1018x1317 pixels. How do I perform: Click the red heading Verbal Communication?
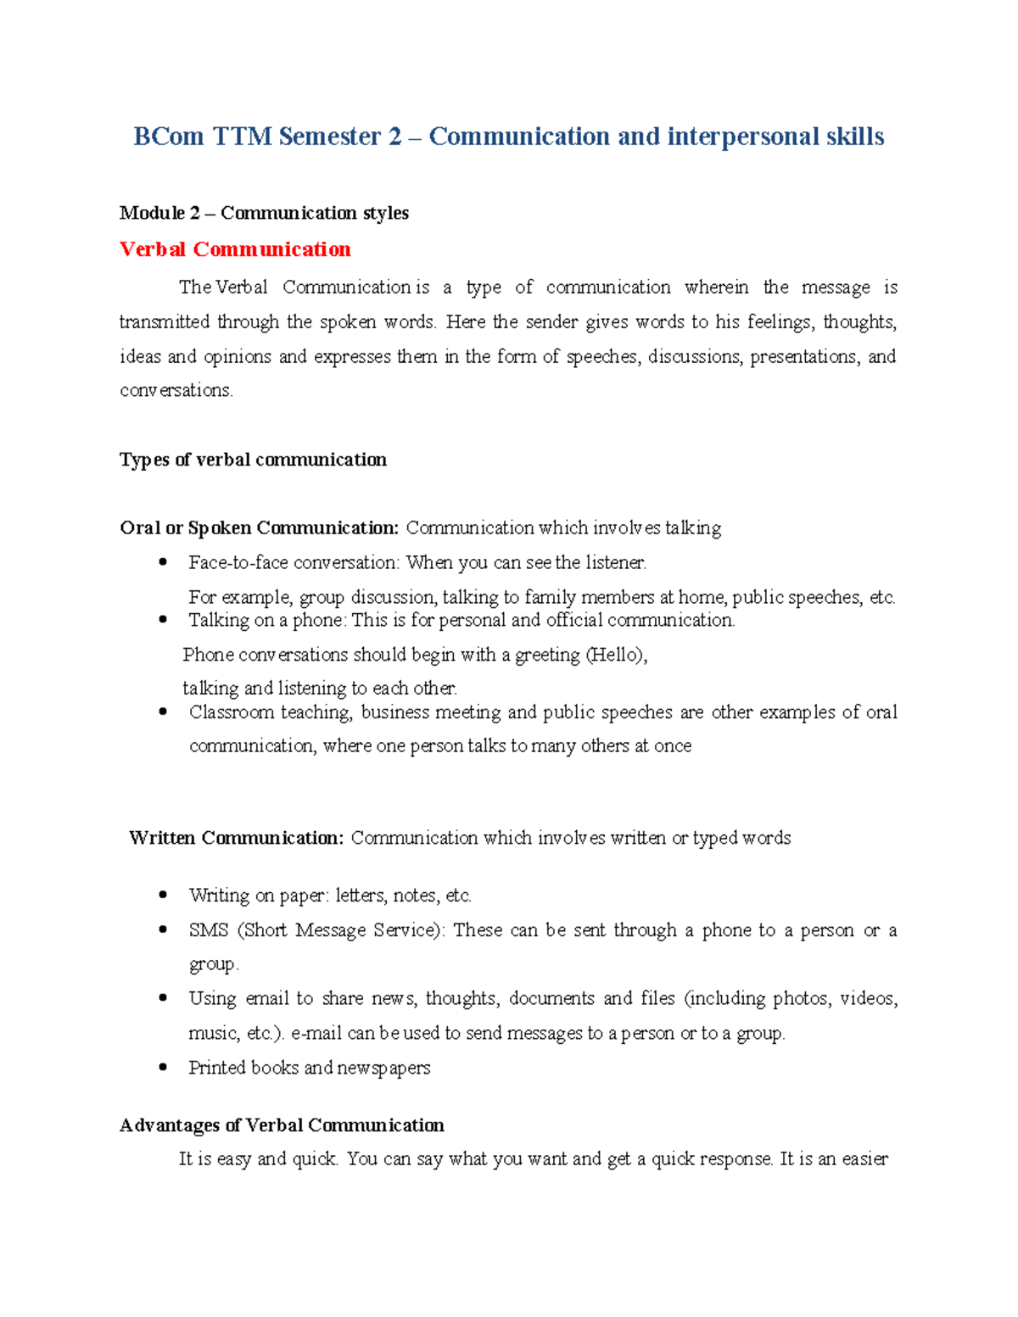pos(235,249)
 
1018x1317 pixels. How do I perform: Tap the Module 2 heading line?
pos(264,213)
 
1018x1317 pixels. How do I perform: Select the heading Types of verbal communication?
pos(253,460)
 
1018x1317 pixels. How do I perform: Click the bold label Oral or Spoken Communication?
pos(259,528)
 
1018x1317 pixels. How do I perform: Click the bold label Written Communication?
pos(236,838)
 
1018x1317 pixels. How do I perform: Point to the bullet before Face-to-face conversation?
pos(163,562)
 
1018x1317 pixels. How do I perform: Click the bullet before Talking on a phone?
pos(163,620)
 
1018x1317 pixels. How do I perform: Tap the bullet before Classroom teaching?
pos(163,712)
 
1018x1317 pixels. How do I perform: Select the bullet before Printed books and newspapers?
pos(163,1068)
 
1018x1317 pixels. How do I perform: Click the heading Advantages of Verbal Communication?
pos(282,1125)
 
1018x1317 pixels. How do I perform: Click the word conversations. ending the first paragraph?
pos(176,391)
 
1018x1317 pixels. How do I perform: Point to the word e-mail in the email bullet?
pos(316,1034)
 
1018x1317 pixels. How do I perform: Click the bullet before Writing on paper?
pos(163,896)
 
